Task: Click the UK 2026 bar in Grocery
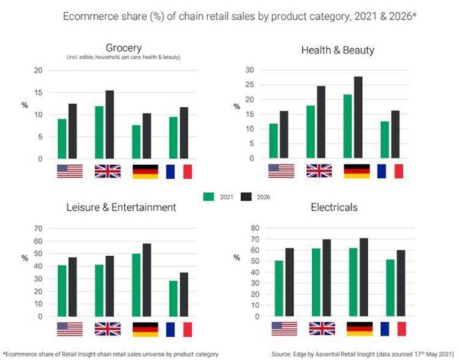coord(110,125)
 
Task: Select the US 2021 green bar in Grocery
coord(61,138)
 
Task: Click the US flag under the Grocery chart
coord(69,171)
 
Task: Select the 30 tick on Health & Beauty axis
coord(248,70)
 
